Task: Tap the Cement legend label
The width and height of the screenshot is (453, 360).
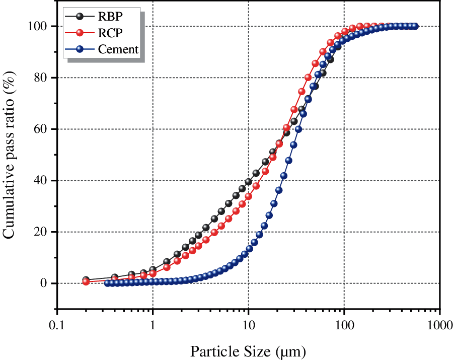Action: tap(119, 49)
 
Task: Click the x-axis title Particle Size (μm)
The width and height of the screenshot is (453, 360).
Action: tap(248, 350)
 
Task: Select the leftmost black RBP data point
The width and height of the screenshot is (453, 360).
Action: tap(86, 280)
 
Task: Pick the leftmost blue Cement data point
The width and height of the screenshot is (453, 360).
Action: tap(107, 283)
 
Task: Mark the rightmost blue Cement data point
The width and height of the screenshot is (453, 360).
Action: tap(415, 26)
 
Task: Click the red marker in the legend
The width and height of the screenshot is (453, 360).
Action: tap(79, 32)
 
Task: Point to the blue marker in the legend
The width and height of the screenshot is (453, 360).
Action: tap(79, 49)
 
